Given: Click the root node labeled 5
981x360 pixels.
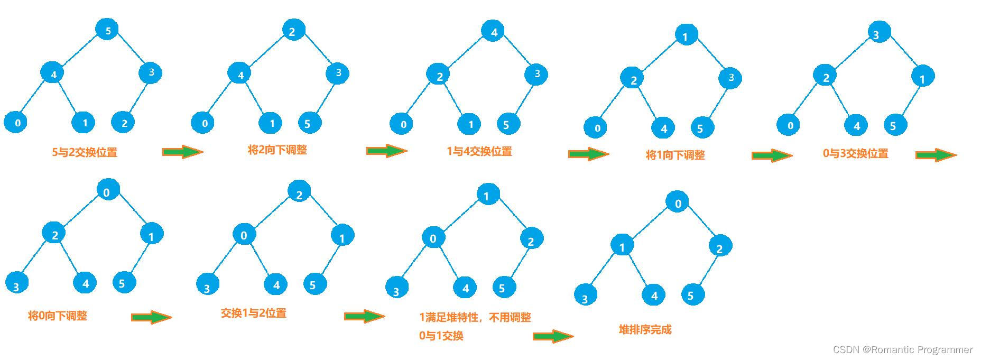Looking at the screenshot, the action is pos(107,30).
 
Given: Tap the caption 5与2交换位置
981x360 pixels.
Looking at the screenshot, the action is pos(85,152).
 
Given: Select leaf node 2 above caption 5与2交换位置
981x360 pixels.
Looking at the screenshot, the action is pos(124,123).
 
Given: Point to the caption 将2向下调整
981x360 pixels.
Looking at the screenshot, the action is pos(277,150).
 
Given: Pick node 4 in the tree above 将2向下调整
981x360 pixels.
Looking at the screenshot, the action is pos(240,74).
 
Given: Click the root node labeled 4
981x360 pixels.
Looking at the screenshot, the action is pos(493,32).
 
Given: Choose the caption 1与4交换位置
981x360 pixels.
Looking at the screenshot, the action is pos(479,151).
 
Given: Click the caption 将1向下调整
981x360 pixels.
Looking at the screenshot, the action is pos(675,155).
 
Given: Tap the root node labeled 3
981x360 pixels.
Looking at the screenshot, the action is pos(878,34).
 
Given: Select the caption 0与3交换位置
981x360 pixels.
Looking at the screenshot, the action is pos(855,153).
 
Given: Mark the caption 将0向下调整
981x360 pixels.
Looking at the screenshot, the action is pos(57,316).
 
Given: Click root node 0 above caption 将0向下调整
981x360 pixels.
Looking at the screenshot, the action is pos(107,191).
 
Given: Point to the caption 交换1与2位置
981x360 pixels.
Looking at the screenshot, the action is pos(253,313).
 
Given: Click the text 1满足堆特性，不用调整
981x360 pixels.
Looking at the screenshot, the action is pos(475,317).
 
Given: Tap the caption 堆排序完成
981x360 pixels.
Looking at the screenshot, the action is pos(645,329).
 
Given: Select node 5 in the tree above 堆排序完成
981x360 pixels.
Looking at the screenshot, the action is pos(692,295).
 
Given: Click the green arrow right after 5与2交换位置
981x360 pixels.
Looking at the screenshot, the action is pos(182,152).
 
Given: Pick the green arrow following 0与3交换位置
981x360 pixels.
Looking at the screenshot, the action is pos(936,155).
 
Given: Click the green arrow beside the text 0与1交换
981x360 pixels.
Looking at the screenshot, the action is pos(553,336).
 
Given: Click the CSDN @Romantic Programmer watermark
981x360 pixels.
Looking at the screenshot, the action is pos(902,349).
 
